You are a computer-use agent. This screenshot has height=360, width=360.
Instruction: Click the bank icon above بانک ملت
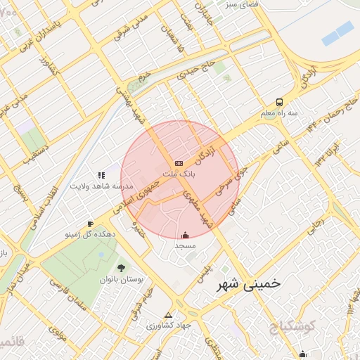[179, 162]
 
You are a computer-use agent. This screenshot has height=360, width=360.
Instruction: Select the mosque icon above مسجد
[185, 236]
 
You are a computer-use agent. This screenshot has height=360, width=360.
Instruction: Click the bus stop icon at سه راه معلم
[279, 102]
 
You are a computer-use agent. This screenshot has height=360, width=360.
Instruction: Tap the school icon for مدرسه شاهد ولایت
[101, 175]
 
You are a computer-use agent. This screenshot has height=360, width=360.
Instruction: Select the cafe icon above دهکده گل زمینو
[89, 224]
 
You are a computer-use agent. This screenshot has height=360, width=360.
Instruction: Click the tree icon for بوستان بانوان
[121, 268]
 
